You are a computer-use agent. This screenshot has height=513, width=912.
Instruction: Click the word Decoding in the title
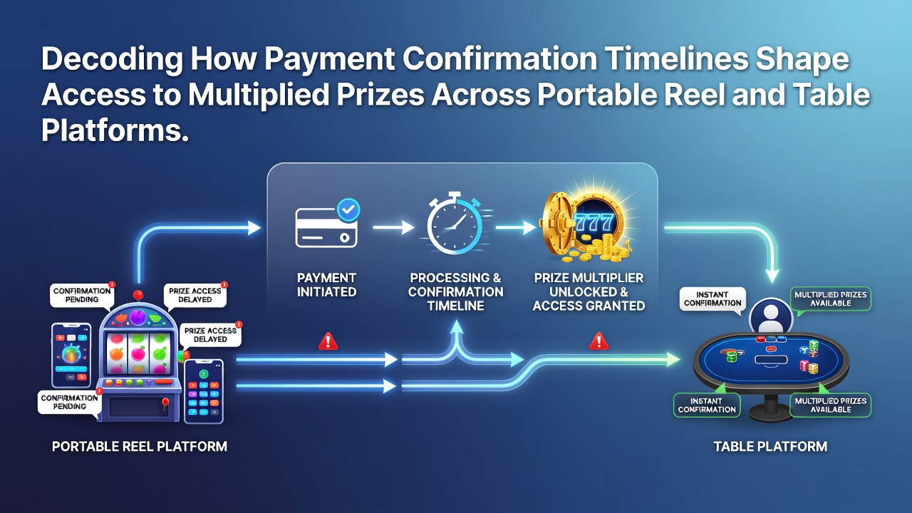113,60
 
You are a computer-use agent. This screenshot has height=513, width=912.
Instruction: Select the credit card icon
326,227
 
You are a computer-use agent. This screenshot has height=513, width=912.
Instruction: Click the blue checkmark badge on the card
348,209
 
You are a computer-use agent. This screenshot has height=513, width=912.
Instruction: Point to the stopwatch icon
455,223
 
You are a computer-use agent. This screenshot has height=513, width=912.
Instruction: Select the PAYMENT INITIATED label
326,285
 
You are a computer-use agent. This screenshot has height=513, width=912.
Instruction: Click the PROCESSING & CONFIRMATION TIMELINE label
455,292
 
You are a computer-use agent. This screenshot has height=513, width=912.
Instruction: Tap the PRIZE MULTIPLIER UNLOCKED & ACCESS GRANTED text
589,292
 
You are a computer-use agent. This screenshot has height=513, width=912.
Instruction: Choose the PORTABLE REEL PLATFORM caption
140,447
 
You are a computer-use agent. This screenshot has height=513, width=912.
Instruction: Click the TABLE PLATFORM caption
770,447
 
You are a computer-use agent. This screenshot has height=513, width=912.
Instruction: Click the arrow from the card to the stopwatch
393,227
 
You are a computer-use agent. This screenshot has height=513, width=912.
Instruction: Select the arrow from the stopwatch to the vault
515,227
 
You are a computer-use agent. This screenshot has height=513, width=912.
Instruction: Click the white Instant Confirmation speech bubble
712,301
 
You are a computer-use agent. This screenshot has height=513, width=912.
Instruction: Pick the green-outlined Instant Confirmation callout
707,405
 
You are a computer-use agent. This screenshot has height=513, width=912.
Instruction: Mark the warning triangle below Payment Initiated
328,341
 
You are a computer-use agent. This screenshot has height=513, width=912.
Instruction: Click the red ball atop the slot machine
138,295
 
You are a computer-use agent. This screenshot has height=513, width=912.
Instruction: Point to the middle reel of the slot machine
138,353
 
